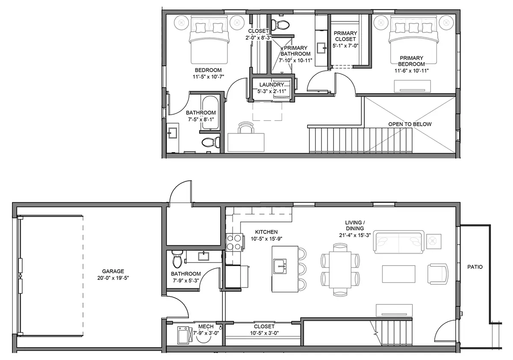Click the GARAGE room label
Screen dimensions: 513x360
[x=113, y=271]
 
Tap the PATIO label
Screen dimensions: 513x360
[x=475, y=267]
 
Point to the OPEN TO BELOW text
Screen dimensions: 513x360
[x=410, y=124]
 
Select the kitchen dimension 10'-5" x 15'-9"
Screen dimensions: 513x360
[x=266, y=239]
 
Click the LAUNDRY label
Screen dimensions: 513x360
[x=271, y=85]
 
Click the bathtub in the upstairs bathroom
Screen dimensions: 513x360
[x=210, y=112]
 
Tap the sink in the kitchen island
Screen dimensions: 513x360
[x=280, y=266]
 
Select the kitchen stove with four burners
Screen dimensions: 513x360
[x=234, y=242]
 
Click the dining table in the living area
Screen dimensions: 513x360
[x=340, y=270]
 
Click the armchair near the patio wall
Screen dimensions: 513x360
[x=438, y=274]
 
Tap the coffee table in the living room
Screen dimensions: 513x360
[x=398, y=274]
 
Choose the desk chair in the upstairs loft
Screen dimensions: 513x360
[x=246, y=127]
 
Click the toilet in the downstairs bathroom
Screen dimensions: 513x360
[x=177, y=259]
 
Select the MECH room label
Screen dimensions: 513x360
[x=206, y=326]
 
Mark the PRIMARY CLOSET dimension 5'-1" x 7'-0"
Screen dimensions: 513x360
[x=345, y=46]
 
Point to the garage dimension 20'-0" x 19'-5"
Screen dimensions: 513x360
[x=113, y=278]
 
